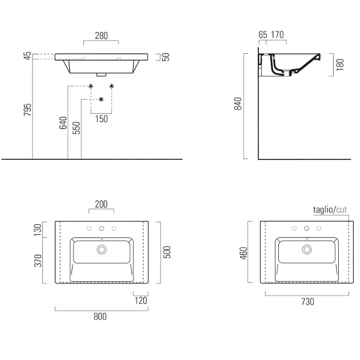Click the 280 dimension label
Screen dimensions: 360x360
coord(101,36)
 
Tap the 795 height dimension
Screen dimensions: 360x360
coord(27,110)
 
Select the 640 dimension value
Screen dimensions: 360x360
coord(63,123)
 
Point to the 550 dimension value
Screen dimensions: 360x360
coord(77,128)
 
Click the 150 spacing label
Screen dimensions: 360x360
coord(101,119)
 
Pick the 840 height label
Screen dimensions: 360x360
coord(238,104)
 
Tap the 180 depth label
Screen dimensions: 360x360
coord(340,65)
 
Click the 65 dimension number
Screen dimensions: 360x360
coord(263,35)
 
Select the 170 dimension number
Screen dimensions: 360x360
coord(277,35)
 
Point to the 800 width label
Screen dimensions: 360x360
coord(100,317)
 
